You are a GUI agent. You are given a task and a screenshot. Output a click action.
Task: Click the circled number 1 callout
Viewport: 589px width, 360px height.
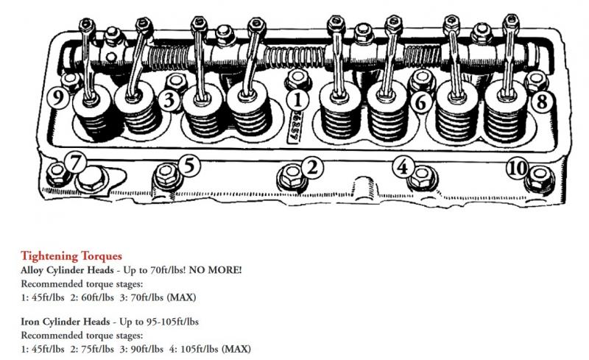click(x=297, y=100)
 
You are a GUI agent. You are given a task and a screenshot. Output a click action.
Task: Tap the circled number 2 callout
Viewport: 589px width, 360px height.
click(x=311, y=168)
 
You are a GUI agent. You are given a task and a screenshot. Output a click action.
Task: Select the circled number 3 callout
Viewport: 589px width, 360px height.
click(x=169, y=100)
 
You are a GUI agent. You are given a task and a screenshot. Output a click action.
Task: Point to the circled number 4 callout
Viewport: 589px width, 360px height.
click(x=403, y=167)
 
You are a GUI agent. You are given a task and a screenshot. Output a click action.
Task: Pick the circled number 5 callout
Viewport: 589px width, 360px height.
click(x=189, y=166)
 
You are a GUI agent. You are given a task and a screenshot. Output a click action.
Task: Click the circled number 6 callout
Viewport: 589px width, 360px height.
click(x=420, y=102)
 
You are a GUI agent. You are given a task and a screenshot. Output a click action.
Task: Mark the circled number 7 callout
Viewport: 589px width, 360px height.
click(x=76, y=163)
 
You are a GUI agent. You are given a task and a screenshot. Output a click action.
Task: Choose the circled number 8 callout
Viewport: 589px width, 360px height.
click(x=541, y=101)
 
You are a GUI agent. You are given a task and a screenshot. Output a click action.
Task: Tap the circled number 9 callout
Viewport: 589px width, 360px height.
click(x=58, y=98)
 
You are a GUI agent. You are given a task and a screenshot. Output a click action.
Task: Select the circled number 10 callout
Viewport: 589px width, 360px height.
click(x=518, y=168)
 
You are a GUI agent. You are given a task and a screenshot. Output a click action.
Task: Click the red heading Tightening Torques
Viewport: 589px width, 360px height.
click(x=71, y=256)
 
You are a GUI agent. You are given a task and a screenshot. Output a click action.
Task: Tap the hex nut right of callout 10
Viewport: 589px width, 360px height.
click(x=540, y=178)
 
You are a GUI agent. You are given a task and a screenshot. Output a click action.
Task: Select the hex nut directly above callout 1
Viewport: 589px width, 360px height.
click(x=298, y=79)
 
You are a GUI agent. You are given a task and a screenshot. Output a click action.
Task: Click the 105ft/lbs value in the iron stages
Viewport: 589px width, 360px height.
click(x=199, y=349)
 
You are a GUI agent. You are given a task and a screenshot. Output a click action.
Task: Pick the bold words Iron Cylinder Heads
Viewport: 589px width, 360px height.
click(x=66, y=322)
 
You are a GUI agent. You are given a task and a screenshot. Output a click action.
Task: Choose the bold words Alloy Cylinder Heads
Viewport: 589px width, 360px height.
click(x=67, y=269)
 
